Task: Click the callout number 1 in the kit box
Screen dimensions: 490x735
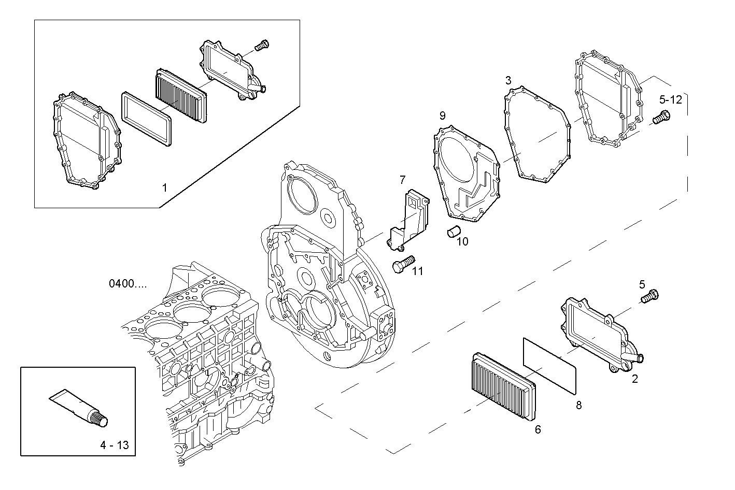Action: pyautogui.click(x=165, y=188)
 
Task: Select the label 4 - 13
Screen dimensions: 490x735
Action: pyautogui.click(x=114, y=445)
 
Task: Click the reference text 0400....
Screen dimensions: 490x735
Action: pyautogui.click(x=128, y=284)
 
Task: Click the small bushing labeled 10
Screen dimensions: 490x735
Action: pyautogui.click(x=453, y=232)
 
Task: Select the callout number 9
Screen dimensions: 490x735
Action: pyautogui.click(x=442, y=115)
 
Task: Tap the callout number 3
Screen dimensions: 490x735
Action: pyautogui.click(x=508, y=80)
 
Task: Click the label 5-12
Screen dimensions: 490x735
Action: pyautogui.click(x=671, y=99)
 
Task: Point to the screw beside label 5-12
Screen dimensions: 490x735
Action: pyautogui.click(x=660, y=118)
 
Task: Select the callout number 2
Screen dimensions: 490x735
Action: pyautogui.click(x=635, y=379)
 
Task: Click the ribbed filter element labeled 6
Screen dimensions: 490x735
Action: pyautogui.click(x=502, y=385)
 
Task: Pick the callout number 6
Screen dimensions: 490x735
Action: pyautogui.click(x=538, y=429)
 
